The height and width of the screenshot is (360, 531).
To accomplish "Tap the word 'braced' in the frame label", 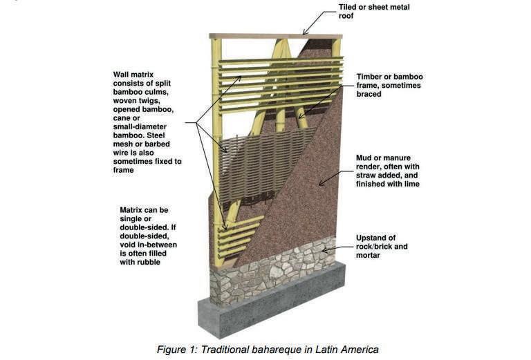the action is click(x=371, y=94).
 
